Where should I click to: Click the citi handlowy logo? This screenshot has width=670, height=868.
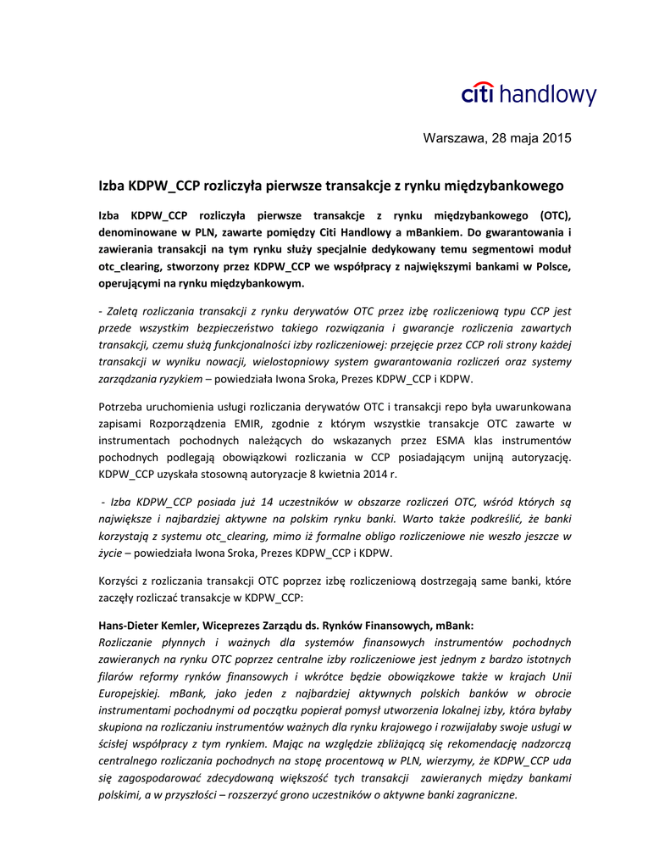click(529, 94)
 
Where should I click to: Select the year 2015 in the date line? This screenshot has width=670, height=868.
click(556, 138)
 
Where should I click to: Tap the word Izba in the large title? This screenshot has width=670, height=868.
click(112, 185)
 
